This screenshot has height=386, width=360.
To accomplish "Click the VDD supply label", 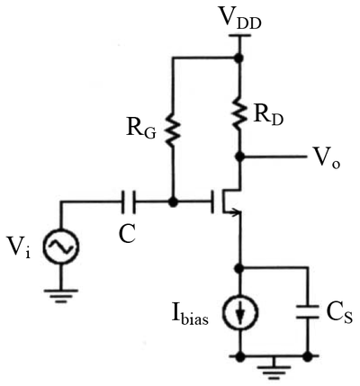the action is click(239, 19).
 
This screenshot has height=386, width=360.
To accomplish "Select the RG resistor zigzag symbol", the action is click(173, 130).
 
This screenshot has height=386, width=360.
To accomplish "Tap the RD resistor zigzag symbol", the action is click(239, 113).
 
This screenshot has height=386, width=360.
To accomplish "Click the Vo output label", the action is click(327, 159).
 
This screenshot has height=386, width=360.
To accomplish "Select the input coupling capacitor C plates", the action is click(129, 202).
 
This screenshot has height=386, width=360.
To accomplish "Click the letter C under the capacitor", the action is click(127, 234).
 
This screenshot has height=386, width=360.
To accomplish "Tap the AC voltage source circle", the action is click(61, 247).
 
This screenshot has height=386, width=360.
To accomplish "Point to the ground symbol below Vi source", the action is click(61, 296).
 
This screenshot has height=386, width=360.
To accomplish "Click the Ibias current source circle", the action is click(239, 312).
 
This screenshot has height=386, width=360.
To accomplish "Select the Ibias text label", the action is click(190, 315).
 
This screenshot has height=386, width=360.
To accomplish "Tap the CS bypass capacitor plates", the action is click(307, 312).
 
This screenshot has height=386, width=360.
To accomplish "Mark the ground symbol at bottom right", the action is click(273, 366).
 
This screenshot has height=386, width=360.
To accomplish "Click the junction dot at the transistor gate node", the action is click(173, 202).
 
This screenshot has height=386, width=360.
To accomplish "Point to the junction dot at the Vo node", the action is click(239, 157).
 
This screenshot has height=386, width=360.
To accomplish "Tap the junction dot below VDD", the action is click(238, 58).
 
